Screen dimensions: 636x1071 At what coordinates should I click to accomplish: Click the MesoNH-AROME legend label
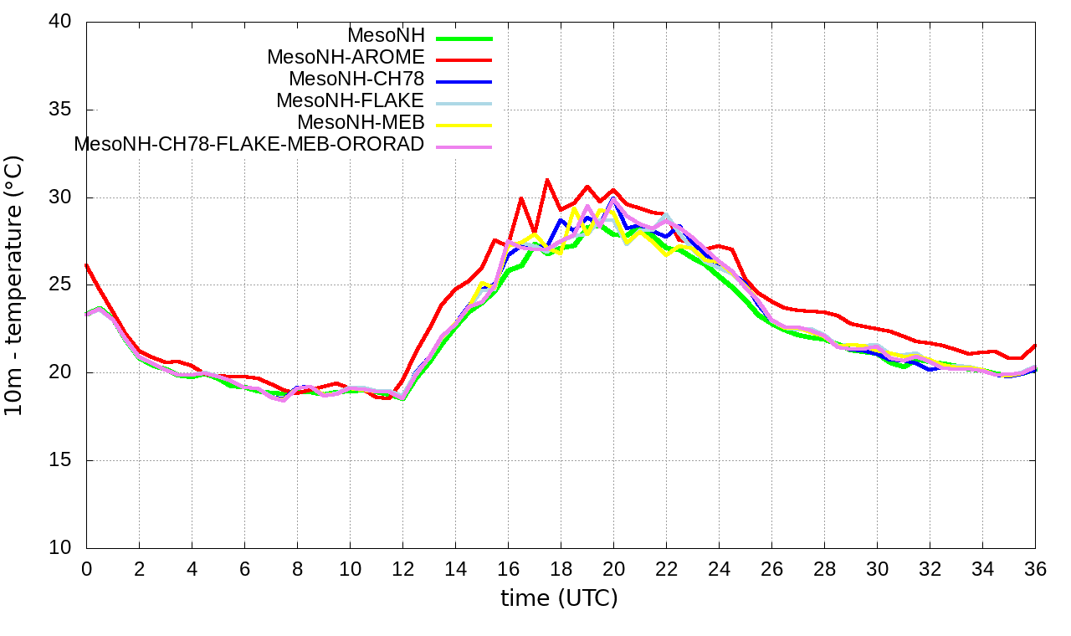(346, 57)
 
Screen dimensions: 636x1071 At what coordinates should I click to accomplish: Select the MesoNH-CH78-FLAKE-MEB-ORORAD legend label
(249, 143)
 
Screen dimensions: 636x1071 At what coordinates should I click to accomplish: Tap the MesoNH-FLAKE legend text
(351, 100)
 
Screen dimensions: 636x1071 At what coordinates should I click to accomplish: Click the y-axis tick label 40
(60, 23)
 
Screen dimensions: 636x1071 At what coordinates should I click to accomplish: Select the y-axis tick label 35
(60, 110)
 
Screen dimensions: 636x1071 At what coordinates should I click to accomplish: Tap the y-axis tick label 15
(60, 460)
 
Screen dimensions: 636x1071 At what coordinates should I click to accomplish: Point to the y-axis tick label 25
(60, 285)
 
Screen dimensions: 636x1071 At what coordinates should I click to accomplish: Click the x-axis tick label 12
(402, 569)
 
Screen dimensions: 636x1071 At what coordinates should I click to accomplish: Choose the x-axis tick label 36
(1036, 569)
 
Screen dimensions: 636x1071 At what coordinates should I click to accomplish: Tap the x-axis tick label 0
(86, 569)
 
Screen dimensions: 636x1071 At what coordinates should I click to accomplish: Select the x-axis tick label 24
(719, 569)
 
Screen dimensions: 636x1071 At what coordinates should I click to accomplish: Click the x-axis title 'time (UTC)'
(559, 598)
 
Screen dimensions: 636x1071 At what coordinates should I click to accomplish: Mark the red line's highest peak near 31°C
(546, 180)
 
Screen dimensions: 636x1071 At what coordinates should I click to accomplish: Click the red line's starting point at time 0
(86, 264)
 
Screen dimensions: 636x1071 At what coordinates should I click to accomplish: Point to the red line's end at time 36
(1036, 345)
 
